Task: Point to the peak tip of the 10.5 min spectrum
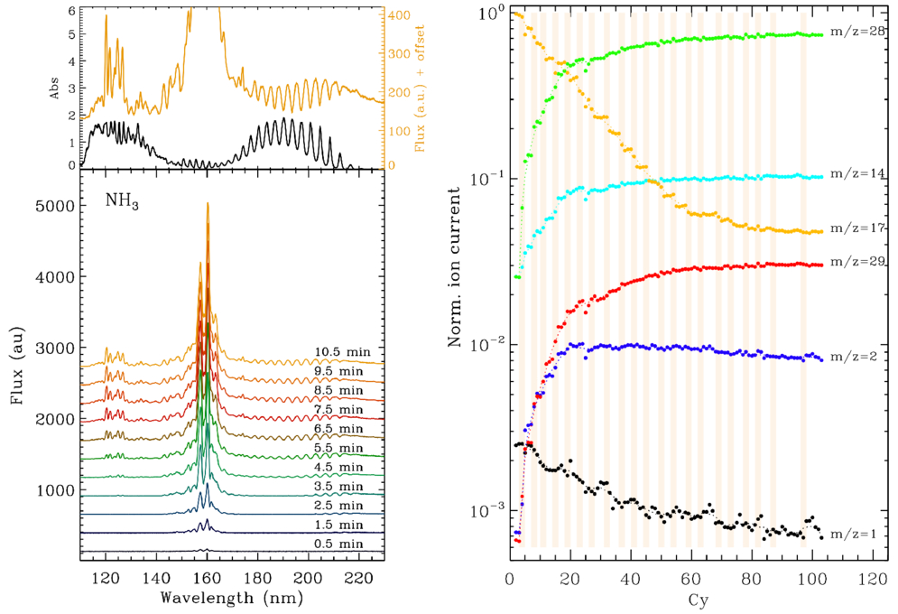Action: [x=208, y=203]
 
